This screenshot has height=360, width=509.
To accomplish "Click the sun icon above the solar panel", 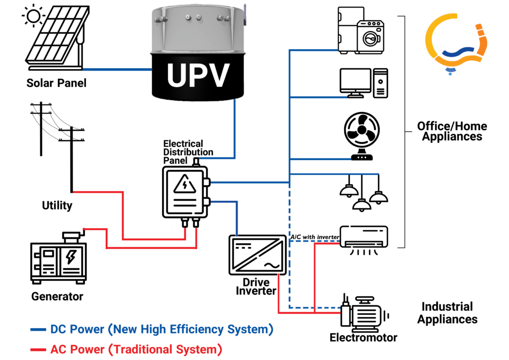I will [33, 16].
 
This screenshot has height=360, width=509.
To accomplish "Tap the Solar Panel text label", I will [56, 83].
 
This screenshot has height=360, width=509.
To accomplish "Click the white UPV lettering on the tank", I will [198, 75].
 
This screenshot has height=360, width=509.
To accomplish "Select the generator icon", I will [59, 258].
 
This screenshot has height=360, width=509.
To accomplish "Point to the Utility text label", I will [57, 205].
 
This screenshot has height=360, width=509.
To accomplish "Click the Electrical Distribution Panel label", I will [188, 152].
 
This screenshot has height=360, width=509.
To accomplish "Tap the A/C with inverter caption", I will [315, 237].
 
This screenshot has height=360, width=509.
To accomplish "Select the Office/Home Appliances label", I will [452, 131].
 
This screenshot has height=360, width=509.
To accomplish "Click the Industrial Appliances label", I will [447, 313].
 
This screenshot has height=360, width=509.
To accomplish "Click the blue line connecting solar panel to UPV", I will [117, 69].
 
